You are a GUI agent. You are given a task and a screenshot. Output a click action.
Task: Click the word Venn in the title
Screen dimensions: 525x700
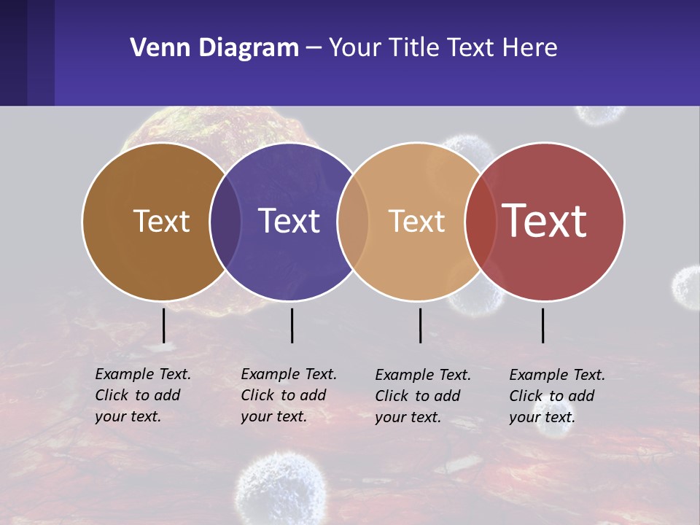(x=154, y=48)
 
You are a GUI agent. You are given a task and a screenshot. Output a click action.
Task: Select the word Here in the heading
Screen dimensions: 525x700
(x=531, y=48)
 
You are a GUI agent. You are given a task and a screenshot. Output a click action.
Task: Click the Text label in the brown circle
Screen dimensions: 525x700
(x=161, y=221)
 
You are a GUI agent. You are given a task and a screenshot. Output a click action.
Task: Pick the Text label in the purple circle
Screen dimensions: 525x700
(x=289, y=221)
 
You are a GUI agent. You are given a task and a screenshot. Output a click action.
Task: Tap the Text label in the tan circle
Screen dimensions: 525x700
(x=416, y=221)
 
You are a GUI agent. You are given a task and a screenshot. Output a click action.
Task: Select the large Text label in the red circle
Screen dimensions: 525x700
(x=545, y=221)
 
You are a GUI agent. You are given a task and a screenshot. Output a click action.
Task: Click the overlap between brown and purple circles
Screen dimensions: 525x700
(x=225, y=221)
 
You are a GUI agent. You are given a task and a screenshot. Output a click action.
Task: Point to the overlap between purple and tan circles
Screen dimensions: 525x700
(x=353, y=221)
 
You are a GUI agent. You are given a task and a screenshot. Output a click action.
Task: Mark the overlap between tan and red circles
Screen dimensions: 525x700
(x=481, y=221)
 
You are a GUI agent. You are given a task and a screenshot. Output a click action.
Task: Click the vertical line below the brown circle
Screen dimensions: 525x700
(x=164, y=325)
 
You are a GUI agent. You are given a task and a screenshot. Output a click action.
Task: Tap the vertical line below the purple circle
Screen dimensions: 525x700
(x=292, y=325)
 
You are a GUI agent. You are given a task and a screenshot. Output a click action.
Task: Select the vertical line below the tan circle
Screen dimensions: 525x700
(x=420, y=325)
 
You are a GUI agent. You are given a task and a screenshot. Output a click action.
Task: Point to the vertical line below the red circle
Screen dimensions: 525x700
(x=542, y=325)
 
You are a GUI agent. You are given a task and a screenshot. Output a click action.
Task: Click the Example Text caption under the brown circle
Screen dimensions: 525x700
(x=143, y=395)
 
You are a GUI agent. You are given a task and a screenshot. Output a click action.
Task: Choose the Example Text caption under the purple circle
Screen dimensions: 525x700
(x=289, y=395)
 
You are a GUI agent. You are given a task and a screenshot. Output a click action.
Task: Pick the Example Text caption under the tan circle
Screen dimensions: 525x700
(x=423, y=396)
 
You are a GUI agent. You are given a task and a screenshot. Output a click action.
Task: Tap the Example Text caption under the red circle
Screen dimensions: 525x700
(x=557, y=396)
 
